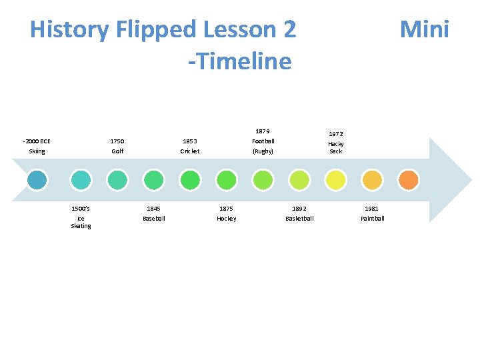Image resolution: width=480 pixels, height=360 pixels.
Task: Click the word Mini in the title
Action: point(424,29)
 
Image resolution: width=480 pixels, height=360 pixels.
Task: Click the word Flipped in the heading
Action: point(155,29)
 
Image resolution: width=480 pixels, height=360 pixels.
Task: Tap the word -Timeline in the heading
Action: point(240,61)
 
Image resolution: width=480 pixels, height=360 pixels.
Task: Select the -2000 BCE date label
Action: point(37,141)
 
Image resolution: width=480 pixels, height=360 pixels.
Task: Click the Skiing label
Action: point(37,151)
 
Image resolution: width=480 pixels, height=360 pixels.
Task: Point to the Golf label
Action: point(117,151)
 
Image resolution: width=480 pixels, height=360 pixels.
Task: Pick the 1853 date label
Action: point(190,141)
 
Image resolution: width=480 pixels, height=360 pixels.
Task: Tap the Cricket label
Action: point(190,151)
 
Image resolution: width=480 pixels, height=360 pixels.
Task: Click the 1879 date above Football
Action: point(263,131)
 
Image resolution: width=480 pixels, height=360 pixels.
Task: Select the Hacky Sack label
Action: point(335,147)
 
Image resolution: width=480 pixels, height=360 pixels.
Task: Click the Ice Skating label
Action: point(81,222)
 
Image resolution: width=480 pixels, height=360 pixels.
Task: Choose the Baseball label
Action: point(153,219)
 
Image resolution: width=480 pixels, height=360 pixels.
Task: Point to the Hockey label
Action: point(226,219)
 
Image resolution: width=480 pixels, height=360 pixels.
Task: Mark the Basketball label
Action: point(299,219)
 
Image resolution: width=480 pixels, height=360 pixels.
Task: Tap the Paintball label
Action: point(372,219)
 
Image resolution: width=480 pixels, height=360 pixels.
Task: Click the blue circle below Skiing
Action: point(37,180)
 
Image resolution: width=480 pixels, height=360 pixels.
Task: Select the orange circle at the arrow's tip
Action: point(408,180)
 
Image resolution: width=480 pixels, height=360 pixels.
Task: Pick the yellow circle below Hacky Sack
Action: point(335,180)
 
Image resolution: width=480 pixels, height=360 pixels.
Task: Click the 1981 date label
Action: point(372,209)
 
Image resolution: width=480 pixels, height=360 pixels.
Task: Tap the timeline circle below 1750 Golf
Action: point(117,180)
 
